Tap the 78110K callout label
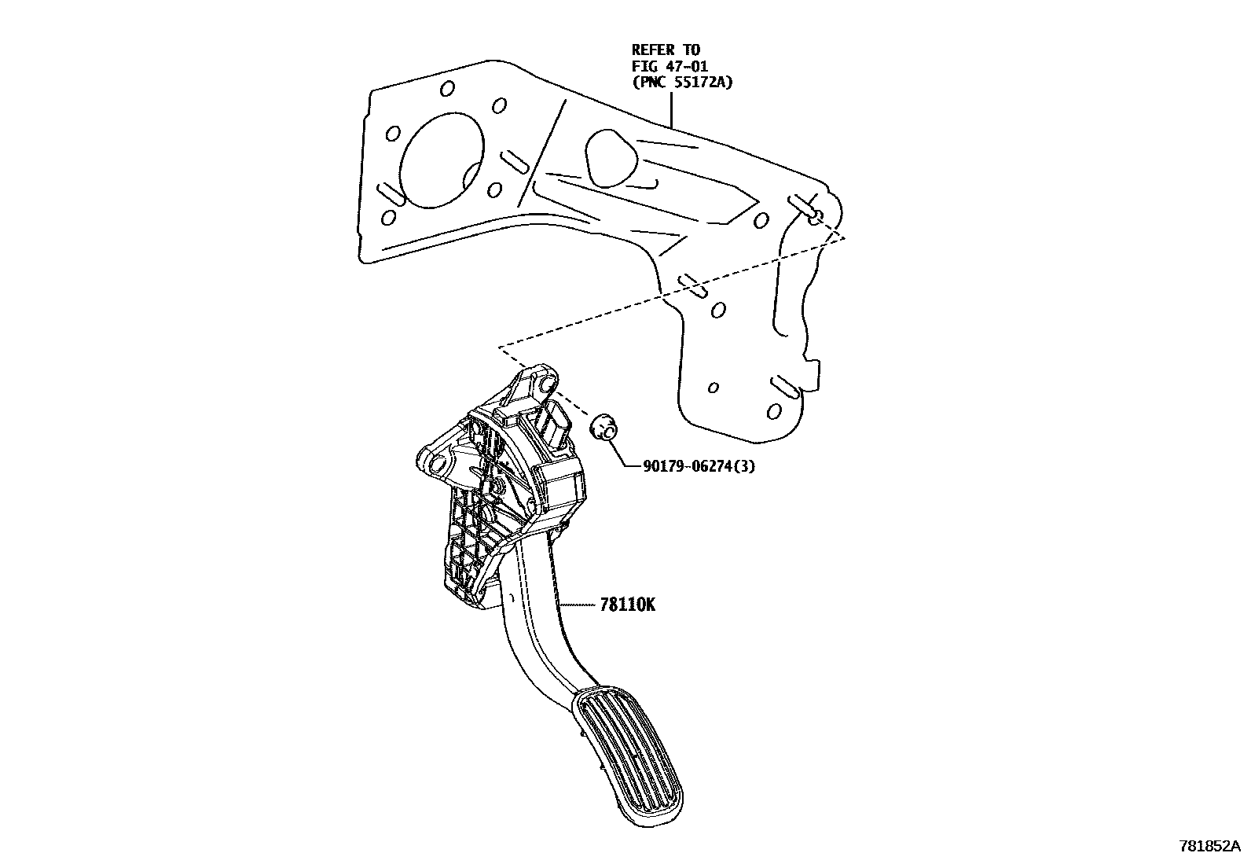(x=627, y=605)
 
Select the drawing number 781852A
(x=1211, y=847)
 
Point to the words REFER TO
(x=666, y=50)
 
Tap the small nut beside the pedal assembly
(x=603, y=428)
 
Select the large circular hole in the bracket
(x=442, y=163)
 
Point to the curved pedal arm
(x=542, y=621)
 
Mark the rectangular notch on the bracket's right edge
(x=815, y=373)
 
